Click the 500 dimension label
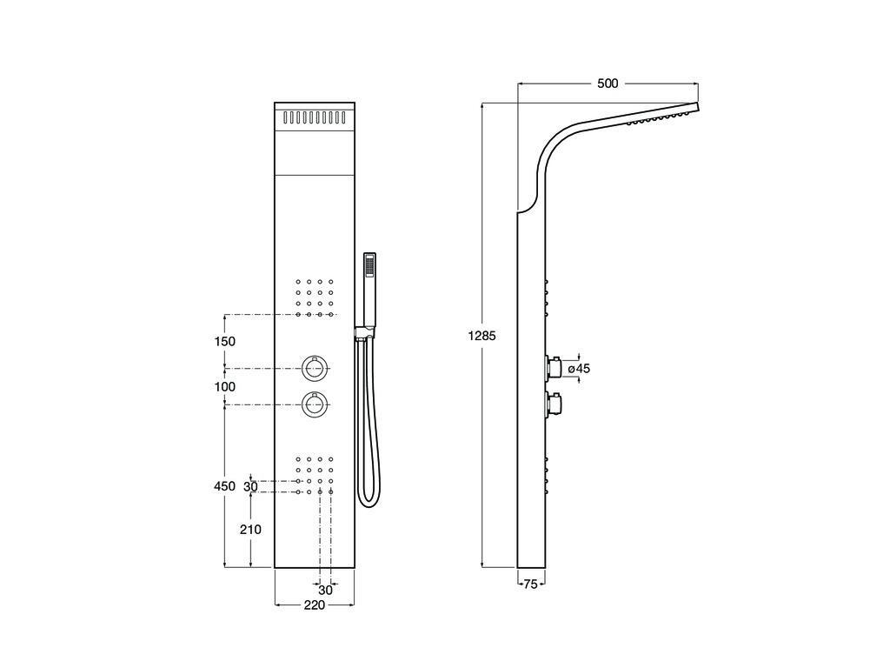click(x=608, y=83)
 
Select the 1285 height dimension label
click(x=482, y=336)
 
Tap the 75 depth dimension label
click(x=530, y=584)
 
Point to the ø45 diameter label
click(x=579, y=369)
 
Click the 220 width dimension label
click(x=314, y=605)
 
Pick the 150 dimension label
click(x=225, y=341)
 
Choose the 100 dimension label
click(x=225, y=387)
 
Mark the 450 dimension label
click(x=225, y=486)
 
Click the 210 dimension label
click(x=250, y=530)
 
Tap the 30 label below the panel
click(x=325, y=590)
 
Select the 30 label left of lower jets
click(x=250, y=487)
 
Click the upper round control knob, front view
click(x=315, y=368)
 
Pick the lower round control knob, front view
click(x=315, y=404)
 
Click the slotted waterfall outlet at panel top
click(x=315, y=117)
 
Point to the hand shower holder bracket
click(x=365, y=333)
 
